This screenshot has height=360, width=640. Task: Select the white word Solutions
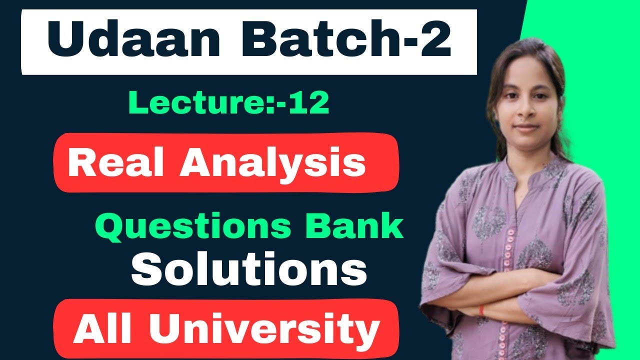[249, 270]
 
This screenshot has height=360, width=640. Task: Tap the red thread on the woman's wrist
[481, 311]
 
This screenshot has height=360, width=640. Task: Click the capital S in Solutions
[145, 270]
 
